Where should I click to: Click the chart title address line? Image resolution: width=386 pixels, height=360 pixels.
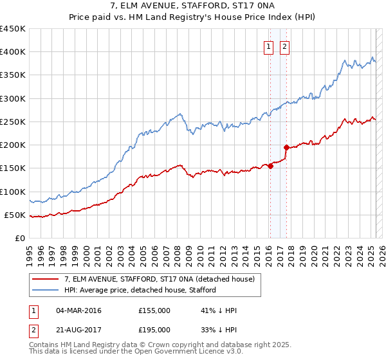[192, 6]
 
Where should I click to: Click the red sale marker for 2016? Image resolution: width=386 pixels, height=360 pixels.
[270, 166]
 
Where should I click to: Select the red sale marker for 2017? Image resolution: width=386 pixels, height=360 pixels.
[286, 147]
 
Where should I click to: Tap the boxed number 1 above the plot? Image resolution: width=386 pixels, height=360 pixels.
[268, 46]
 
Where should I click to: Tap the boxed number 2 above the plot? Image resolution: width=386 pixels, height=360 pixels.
[284, 46]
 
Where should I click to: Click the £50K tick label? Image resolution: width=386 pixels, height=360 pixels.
[15, 215]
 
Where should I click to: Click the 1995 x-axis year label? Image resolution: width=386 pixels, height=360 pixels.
[30, 251]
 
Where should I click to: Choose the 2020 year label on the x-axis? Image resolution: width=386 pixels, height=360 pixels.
[314, 251]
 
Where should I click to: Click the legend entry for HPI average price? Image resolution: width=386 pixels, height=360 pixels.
[140, 290]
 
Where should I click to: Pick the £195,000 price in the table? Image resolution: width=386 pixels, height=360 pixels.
[154, 329]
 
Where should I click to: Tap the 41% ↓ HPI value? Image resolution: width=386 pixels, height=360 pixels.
[219, 310]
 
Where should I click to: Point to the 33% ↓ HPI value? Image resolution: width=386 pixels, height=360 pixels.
[219, 329]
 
